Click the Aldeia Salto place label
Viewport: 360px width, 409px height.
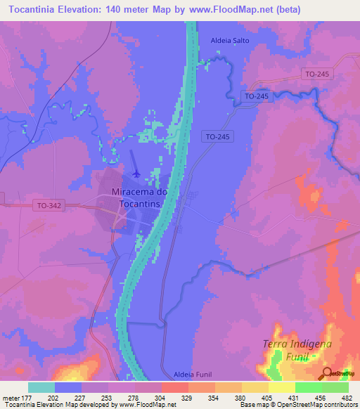[x=230, y=41]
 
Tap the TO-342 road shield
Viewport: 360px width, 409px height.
[x=49, y=205]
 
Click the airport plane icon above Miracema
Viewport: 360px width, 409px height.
[x=136, y=173]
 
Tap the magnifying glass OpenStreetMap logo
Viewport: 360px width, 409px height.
[x=326, y=374]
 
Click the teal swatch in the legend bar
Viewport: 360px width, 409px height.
[x=41, y=387]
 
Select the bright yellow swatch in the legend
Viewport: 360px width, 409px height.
[x=281, y=387]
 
